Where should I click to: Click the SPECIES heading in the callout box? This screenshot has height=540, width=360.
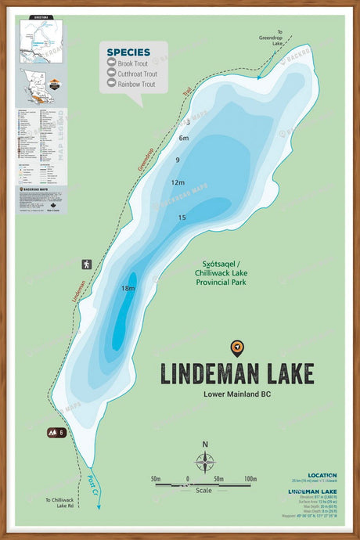pyautogui.click(x=129, y=52)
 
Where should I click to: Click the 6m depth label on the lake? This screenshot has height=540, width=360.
pyautogui.click(x=184, y=139)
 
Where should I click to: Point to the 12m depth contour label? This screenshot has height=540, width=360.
pyautogui.click(x=178, y=182)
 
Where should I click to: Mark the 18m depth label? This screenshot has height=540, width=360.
pyautogui.click(x=128, y=289)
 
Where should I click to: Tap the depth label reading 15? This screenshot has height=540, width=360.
pyautogui.click(x=182, y=218)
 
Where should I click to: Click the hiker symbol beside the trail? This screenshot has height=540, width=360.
pyautogui.click(x=86, y=265)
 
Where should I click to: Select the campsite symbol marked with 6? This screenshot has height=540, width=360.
pyautogui.click(x=56, y=432)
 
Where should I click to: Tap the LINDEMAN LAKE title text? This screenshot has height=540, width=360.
pyautogui.click(x=237, y=374)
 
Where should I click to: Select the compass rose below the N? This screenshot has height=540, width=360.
pyautogui.click(x=205, y=463)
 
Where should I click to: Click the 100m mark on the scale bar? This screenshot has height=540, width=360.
pyautogui.click(x=250, y=478)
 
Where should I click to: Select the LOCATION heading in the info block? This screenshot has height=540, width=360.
pyautogui.click(x=322, y=475)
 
